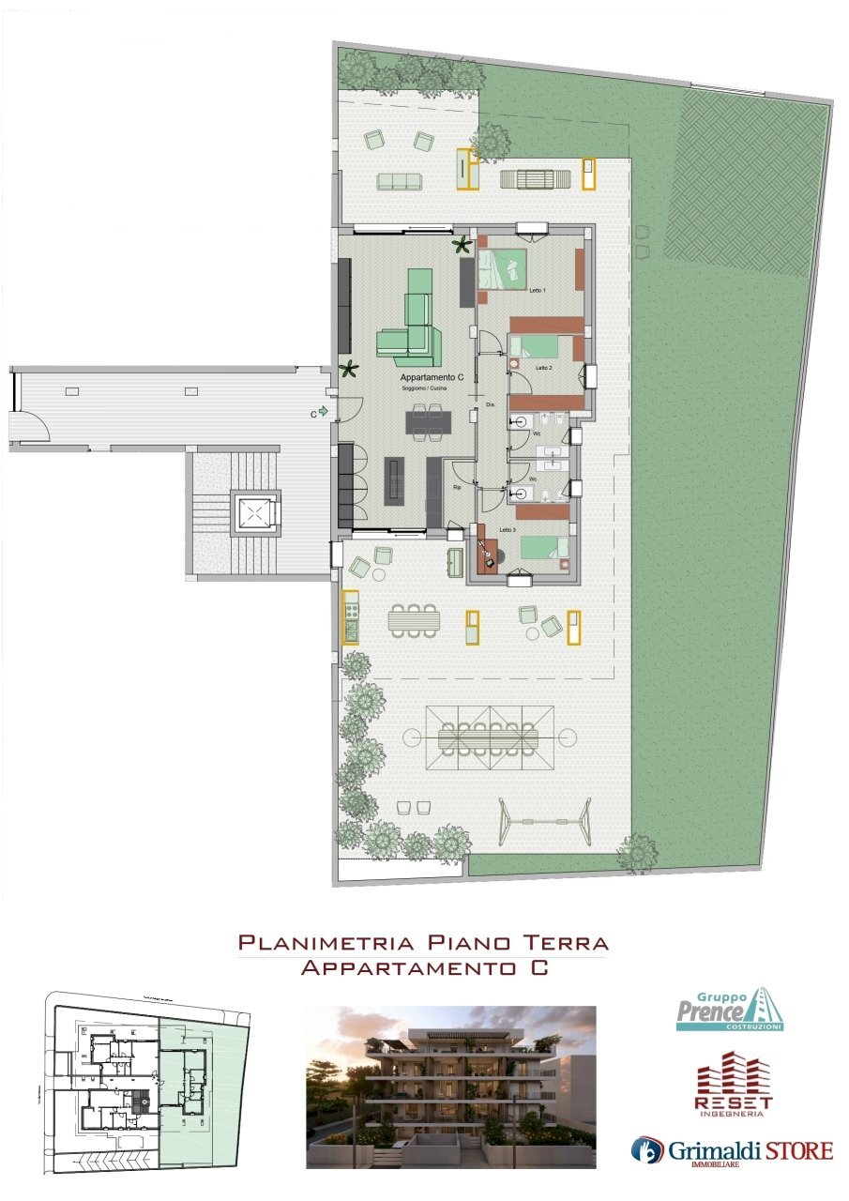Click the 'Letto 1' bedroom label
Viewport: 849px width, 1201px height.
click(538, 292)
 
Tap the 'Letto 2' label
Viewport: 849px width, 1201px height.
click(543, 369)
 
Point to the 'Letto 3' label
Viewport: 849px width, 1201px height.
click(507, 531)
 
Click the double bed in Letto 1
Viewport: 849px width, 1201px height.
click(503, 268)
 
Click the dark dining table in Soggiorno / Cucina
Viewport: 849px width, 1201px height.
click(427, 422)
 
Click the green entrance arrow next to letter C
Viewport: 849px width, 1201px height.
click(324, 410)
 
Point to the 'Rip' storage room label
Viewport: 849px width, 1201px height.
click(457, 488)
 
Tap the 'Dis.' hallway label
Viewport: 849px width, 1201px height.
click(490, 405)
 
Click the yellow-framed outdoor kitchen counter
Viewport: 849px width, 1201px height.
click(350, 616)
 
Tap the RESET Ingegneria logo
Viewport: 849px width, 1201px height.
click(733, 1086)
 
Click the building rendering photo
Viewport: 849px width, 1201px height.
click(451, 1087)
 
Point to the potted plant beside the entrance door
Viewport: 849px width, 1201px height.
click(349, 369)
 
